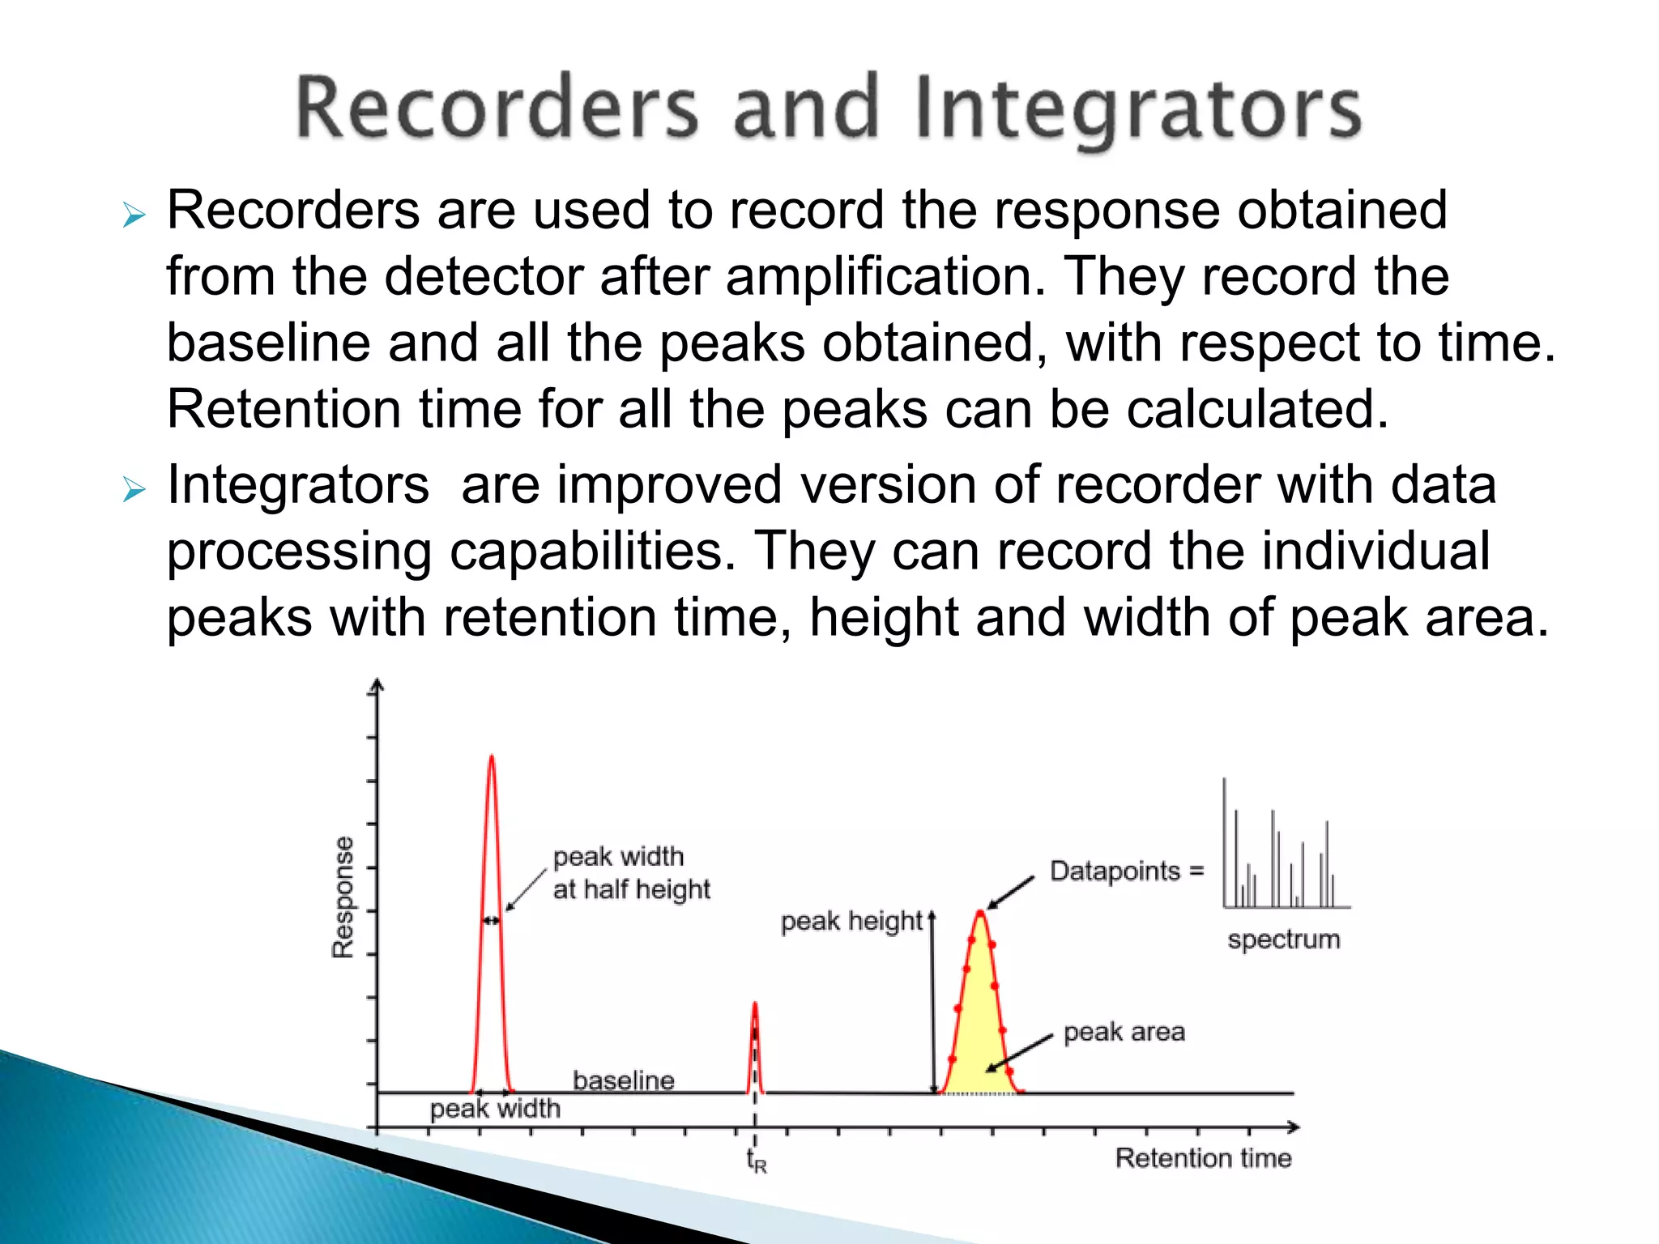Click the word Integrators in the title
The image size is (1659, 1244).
[x=1138, y=109]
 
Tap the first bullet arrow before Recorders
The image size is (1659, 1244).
[x=134, y=215]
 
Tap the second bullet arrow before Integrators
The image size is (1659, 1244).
[x=134, y=489]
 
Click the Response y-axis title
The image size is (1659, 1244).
[x=343, y=897]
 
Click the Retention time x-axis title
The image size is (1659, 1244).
[x=1203, y=1158]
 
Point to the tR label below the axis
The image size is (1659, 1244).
[x=756, y=1161]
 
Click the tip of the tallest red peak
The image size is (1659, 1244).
[x=491, y=758]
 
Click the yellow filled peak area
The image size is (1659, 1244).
[x=981, y=1029]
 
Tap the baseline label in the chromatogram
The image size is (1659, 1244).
[x=623, y=1080]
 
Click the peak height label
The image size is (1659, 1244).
[x=851, y=922]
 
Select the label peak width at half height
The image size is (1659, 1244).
[x=630, y=873]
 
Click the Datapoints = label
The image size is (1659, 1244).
[x=1126, y=871]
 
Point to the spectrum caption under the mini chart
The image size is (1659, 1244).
[x=1283, y=939]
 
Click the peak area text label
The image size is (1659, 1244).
[x=1124, y=1032]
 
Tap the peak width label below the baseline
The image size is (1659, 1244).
[x=495, y=1108]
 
